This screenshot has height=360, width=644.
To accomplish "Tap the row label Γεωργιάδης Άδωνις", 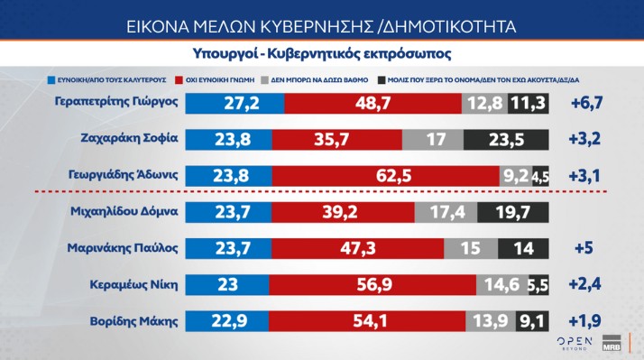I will (x=125, y=175).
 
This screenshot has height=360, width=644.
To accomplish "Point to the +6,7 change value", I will (x=586, y=104).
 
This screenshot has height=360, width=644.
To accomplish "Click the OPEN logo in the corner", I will (x=574, y=342).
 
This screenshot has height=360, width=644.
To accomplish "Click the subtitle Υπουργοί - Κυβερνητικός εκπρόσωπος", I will (x=322, y=51).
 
